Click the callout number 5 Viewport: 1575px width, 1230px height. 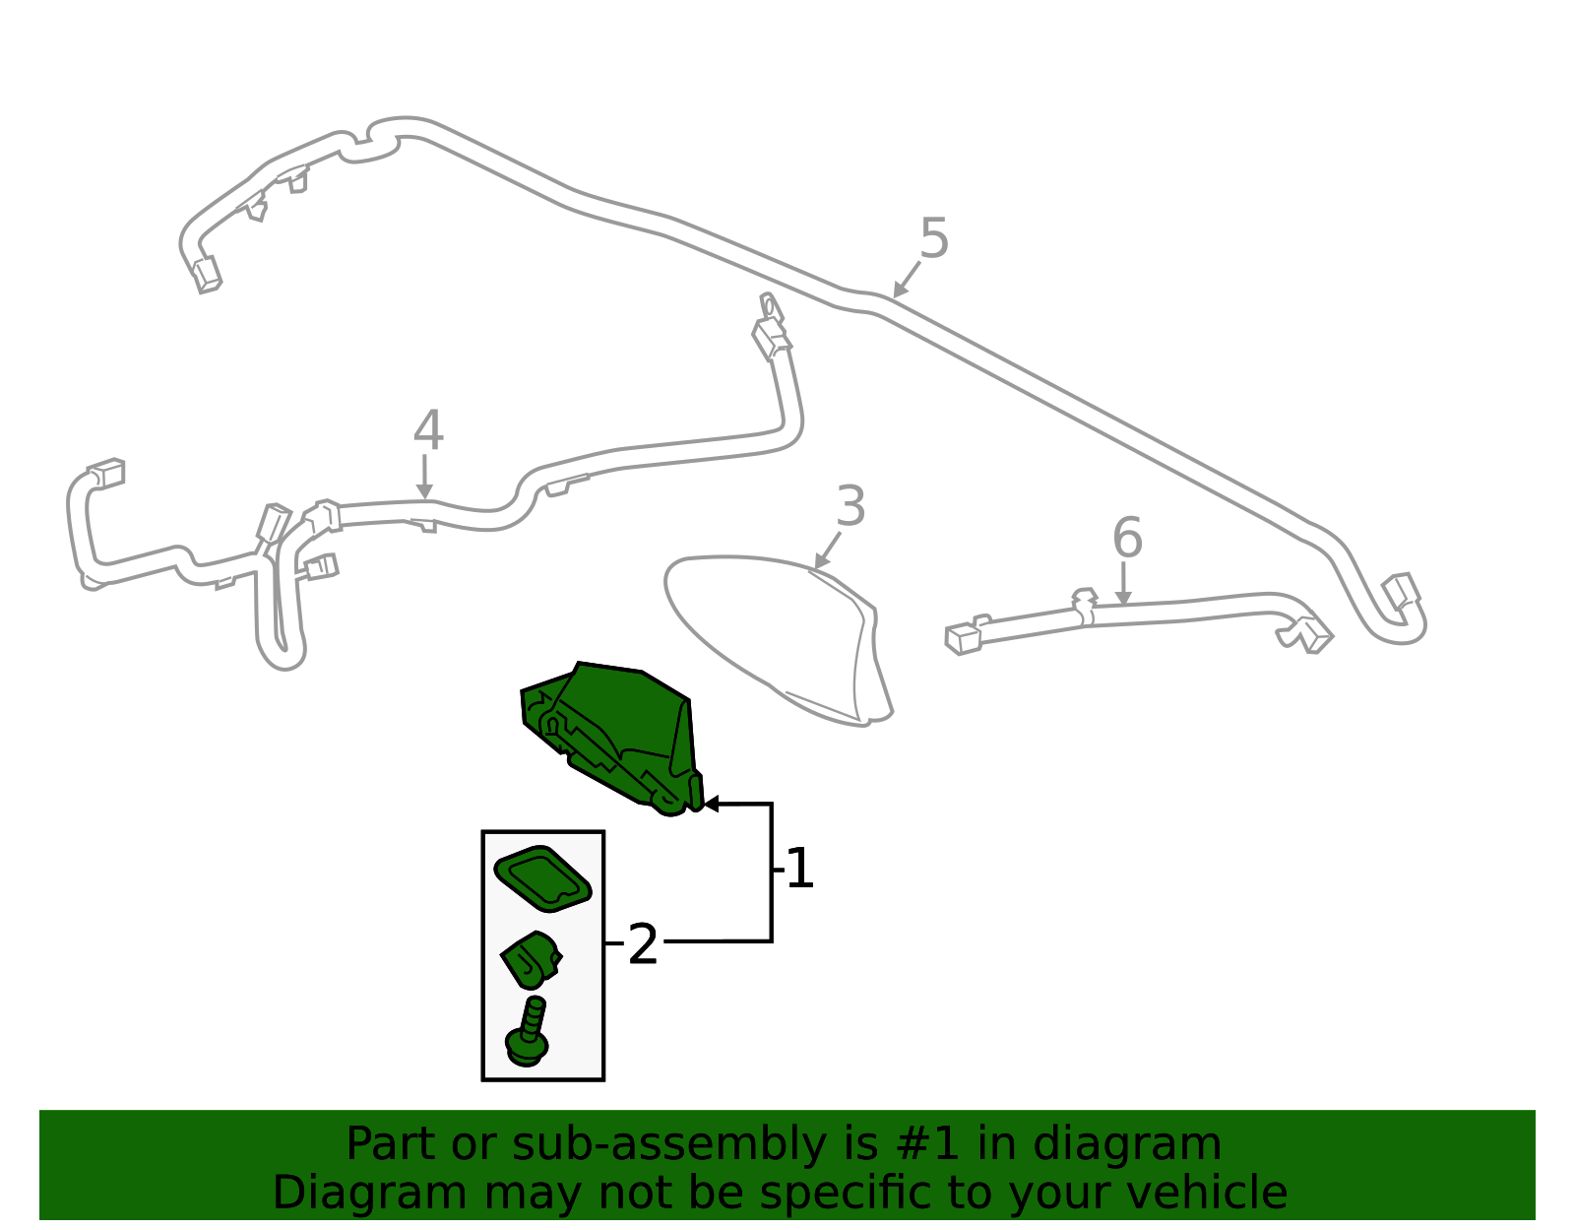933,239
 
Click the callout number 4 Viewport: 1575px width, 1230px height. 428,432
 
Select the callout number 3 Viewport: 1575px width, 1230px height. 850,507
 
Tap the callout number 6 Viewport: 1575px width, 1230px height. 1127,539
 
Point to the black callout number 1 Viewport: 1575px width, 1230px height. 799,870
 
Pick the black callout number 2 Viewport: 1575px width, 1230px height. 642,945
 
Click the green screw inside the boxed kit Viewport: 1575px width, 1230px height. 529,1034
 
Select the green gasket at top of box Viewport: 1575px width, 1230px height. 541,877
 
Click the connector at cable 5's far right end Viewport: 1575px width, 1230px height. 1401,592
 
